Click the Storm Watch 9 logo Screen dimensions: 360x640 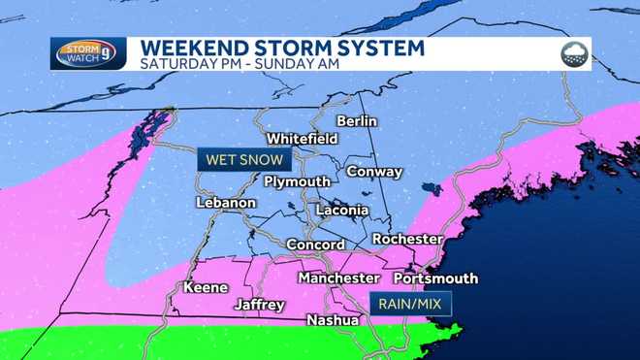click(x=89, y=53)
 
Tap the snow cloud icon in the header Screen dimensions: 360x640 click(x=574, y=54)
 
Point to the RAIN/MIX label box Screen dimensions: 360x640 click(x=408, y=305)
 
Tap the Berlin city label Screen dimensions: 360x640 click(x=356, y=121)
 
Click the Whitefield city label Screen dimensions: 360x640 click(x=303, y=139)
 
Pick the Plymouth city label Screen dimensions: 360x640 click(x=298, y=182)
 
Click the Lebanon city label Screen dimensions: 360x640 click(x=225, y=203)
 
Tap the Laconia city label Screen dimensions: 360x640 click(x=342, y=210)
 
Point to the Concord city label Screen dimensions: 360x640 click(x=315, y=245)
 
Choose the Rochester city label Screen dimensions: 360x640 click(x=407, y=239)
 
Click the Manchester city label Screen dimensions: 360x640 click(x=338, y=278)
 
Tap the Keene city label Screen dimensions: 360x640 click(x=205, y=288)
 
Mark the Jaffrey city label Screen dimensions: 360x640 click(x=260, y=305)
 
